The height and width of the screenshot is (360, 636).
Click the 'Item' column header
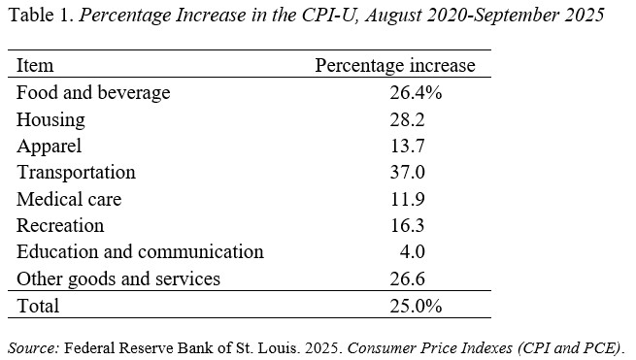coord(35,66)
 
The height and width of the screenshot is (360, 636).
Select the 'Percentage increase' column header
coord(395,66)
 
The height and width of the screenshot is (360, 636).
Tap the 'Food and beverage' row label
coord(93,93)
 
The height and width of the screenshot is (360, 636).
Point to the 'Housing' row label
coord(50,120)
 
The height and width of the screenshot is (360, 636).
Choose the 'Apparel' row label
coord(50,147)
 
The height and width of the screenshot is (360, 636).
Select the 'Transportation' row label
coord(76,173)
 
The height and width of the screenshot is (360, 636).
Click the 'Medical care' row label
coord(69,200)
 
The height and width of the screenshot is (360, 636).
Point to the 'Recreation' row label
coord(60,226)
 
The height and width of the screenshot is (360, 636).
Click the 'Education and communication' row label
coord(140,252)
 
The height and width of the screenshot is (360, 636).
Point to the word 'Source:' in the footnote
coord(33,346)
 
